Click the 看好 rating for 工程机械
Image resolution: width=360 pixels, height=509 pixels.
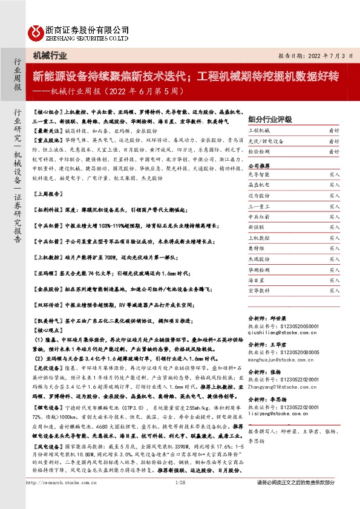[x=334, y=130]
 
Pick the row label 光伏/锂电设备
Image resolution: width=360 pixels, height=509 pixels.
[x=266, y=141]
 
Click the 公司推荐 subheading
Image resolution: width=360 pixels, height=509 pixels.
[x=261, y=164]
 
